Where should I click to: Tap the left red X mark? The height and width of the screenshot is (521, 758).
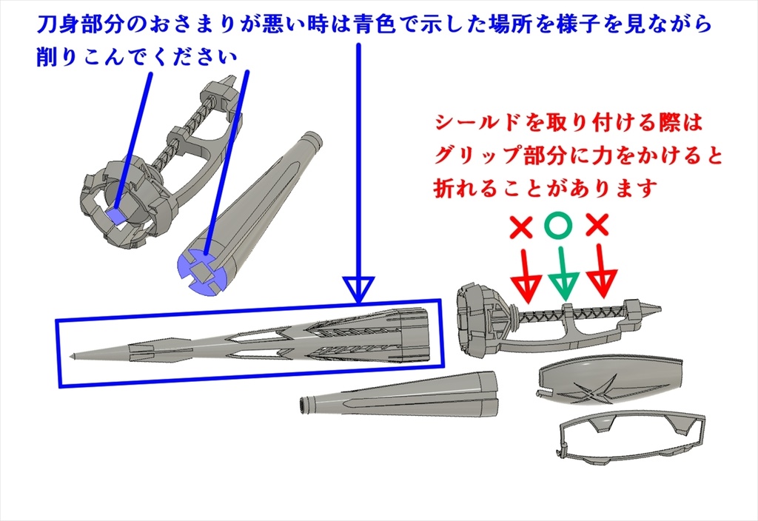click(521, 227)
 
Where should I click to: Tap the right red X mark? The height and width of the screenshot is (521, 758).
click(597, 225)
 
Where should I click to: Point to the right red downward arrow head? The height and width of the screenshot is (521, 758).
click(601, 283)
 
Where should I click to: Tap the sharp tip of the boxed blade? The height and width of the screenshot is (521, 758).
click(71, 357)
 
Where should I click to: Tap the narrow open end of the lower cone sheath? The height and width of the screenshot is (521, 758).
click(304, 405)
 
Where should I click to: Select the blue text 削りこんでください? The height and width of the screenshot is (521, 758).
click(137, 58)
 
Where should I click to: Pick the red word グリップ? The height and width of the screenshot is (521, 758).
click(478, 156)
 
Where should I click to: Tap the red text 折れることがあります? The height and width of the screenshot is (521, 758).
click(546, 188)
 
